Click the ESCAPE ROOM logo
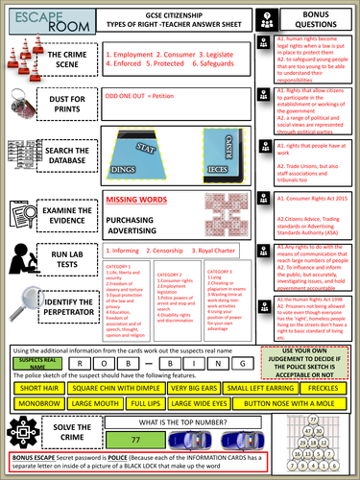point(30,18)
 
